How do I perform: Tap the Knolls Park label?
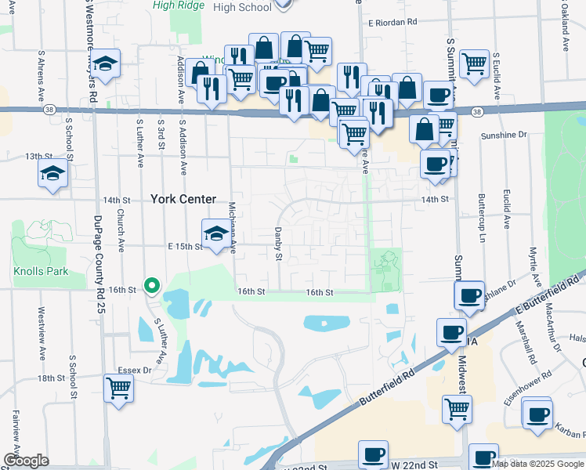[x=41, y=272]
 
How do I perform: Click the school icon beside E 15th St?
[x=216, y=233]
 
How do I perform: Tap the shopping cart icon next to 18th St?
[x=118, y=387]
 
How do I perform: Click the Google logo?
[x=26, y=461]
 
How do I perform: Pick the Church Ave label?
[x=121, y=230]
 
